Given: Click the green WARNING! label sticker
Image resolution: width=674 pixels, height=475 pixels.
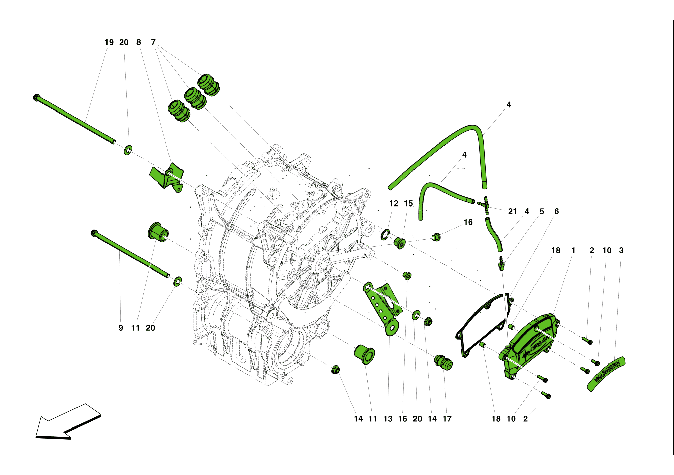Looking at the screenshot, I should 606,374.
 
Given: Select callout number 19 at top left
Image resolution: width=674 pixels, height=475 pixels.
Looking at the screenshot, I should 109,42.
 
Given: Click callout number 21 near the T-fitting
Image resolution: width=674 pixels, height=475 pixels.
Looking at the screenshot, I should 512,211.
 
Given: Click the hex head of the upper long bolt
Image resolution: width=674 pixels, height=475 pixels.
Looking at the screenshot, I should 36,98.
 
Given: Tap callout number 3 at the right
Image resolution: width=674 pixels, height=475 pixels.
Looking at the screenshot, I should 621,250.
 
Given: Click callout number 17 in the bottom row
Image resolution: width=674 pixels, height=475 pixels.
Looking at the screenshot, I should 447,419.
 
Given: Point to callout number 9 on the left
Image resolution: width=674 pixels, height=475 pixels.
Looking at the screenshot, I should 121,328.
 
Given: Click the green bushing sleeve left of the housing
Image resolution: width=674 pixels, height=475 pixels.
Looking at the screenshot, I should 158,231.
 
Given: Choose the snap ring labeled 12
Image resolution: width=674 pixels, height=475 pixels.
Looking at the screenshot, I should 385,234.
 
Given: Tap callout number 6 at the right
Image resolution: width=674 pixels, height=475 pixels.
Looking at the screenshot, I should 556,211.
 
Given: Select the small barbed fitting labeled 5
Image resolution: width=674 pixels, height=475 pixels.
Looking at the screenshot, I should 501,263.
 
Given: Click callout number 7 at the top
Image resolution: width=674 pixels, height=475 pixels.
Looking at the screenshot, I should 153,42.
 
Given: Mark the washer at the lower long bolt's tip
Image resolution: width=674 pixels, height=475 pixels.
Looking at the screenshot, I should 177,282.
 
